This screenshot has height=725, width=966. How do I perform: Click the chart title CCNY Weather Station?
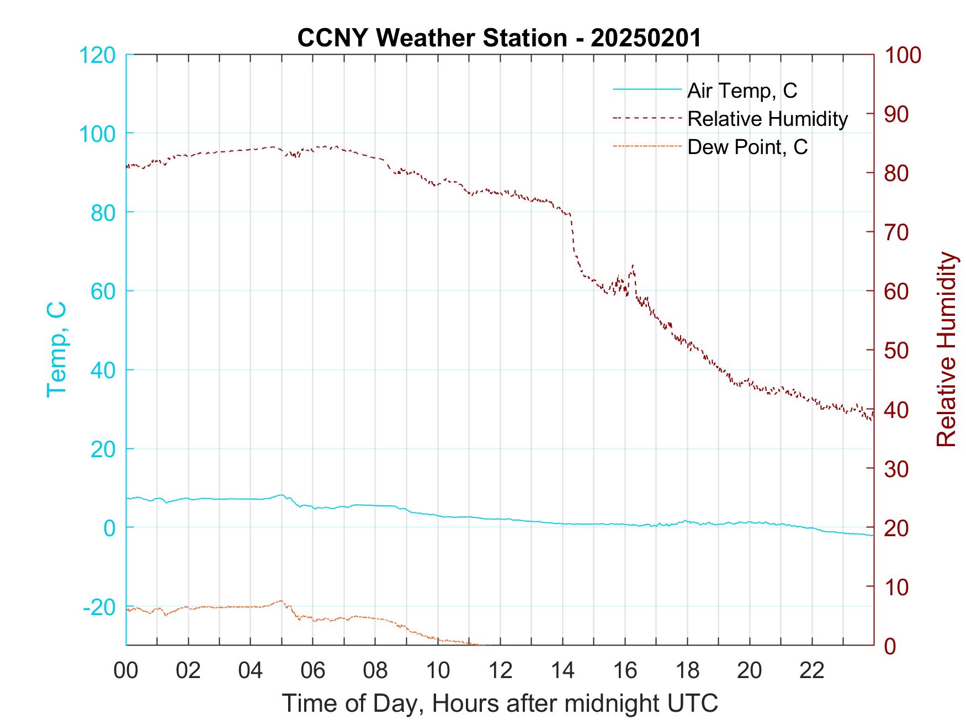coord(498,38)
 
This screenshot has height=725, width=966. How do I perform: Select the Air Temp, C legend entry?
coord(741,91)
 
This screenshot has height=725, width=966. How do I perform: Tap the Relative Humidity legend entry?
coord(767,119)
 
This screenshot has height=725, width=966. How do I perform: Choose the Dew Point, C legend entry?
coord(747,147)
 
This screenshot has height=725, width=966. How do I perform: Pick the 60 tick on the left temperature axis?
coord(103,292)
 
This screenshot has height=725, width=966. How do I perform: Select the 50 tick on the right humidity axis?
coord(898,351)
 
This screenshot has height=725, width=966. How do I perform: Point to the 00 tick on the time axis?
coord(126,670)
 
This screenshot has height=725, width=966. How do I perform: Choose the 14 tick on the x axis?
coord(562,670)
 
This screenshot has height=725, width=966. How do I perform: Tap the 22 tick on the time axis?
coord(812,670)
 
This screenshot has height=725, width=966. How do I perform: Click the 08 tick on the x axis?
coord(375,670)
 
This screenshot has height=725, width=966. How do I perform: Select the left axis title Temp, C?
coord(57,349)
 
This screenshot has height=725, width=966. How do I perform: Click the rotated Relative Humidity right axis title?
coord(946,349)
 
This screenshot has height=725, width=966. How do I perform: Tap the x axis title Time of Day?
coord(500,703)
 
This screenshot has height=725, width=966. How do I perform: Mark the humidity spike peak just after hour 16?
coord(632,266)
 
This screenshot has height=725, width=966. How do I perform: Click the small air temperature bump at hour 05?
coord(282,495)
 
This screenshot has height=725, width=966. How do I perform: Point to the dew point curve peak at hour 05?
coord(281,601)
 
